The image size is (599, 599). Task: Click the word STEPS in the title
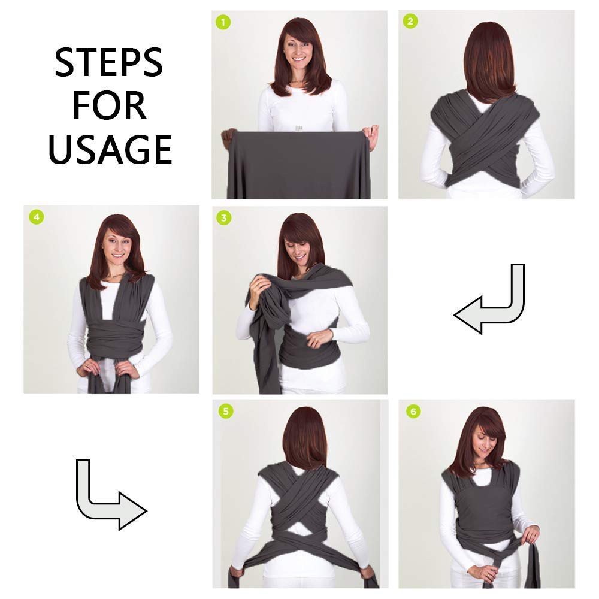click(109, 62)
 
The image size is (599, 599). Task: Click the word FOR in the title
click(109, 105)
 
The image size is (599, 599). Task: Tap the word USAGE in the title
click(110, 149)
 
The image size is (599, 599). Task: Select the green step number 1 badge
click(223, 22)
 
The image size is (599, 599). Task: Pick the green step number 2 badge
click(410, 21)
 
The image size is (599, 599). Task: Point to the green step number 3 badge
click(224, 218)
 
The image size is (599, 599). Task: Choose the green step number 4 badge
click(37, 217)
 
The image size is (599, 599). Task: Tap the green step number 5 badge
click(226, 411)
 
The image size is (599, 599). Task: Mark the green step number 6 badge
click(413, 412)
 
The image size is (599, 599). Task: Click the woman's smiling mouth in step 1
click(298, 59)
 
